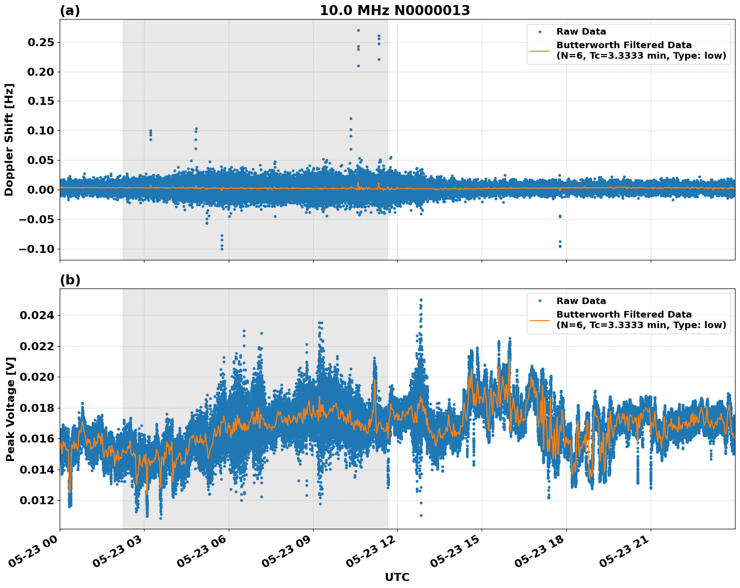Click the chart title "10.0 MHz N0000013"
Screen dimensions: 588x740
tap(395, 11)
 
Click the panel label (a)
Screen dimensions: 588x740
tap(70, 11)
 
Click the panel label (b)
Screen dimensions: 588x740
tap(70, 280)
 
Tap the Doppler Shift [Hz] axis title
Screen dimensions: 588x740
tap(9, 139)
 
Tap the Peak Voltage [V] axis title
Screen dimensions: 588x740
tap(10, 409)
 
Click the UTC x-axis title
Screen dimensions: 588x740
tap(397, 577)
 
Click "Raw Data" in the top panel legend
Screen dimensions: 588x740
tap(581, 32)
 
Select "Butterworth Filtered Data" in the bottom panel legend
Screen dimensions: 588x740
tap(624, 315)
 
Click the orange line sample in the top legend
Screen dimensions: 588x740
tap(540, 50)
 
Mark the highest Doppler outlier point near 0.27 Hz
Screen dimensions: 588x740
tap(358, 30)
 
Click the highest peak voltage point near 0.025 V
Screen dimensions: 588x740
tap(421, 300)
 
